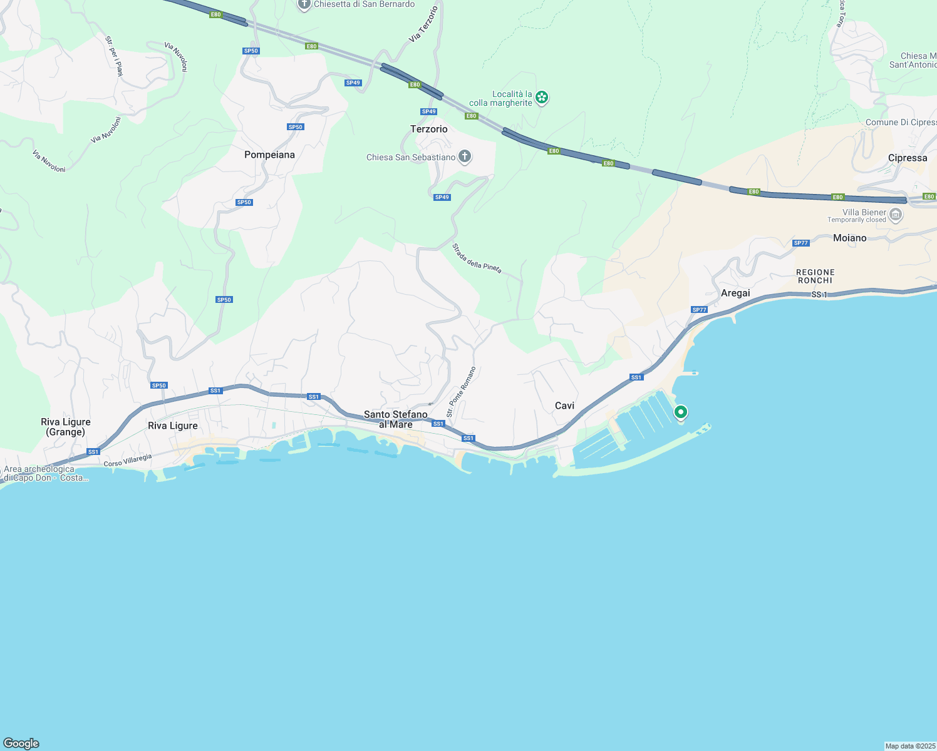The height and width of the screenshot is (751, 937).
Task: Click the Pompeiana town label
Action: click(269, 155)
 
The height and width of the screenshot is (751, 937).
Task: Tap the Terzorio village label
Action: click(429, 129)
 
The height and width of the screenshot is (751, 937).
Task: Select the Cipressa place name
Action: click(907, 158)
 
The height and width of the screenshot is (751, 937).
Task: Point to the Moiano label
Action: click(849, 238)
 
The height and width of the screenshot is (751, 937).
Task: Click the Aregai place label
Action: click(735, 293)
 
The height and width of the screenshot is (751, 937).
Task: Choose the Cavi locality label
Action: click(564, 406)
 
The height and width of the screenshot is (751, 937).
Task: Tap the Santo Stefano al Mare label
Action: click(396, 419)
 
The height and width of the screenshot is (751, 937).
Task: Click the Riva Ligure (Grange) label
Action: click(66, 427)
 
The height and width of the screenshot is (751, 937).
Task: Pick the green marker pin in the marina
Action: click(680, 412)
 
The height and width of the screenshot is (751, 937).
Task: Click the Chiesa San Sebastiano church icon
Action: click(465, 156)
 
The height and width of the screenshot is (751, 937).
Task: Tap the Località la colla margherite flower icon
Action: click(542, 97)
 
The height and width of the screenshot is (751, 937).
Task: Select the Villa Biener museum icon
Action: click(896, 215)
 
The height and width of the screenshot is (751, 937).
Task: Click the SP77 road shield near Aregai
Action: click(699, 310)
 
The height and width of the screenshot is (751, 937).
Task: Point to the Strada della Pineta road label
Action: click(477, 258)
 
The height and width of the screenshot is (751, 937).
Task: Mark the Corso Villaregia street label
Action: click(128, 460)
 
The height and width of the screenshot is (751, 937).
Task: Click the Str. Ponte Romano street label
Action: click(461, 392)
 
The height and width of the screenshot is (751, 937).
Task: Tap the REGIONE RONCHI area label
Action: click(815, 276)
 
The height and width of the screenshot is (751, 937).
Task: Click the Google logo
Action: click(21, 743)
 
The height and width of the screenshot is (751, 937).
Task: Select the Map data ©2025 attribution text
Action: click(909, 746)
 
